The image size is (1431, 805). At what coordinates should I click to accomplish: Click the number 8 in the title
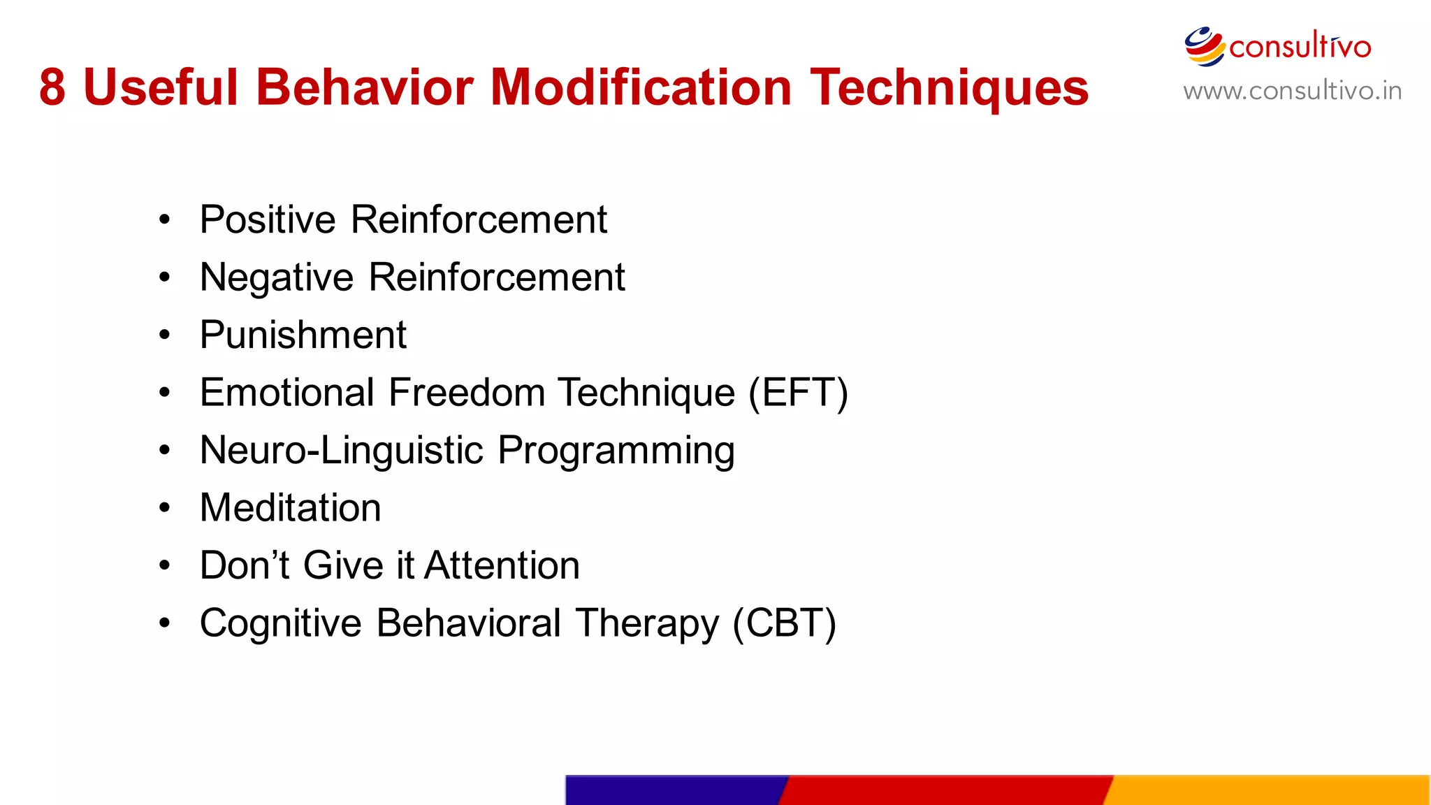tap(52, 88)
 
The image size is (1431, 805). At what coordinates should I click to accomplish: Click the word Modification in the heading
tap(641, 88)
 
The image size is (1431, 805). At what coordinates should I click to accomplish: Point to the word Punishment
tap(303, 335)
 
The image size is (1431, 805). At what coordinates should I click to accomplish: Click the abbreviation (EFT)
tap(798, 393)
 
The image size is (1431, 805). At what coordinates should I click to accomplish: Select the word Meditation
tap(290, 508)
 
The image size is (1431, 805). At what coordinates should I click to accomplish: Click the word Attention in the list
tap(502, 565)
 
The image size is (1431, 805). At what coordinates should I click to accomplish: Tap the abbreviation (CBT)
tap(784, 623)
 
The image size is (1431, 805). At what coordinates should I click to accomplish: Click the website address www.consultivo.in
tap(1292, 92)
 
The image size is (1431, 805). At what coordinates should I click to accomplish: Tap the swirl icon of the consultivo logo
tap(1204, 47)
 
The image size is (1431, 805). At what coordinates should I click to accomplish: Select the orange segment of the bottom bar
tap(1268, 790)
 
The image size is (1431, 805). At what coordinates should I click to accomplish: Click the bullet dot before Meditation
tap(164, 508)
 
